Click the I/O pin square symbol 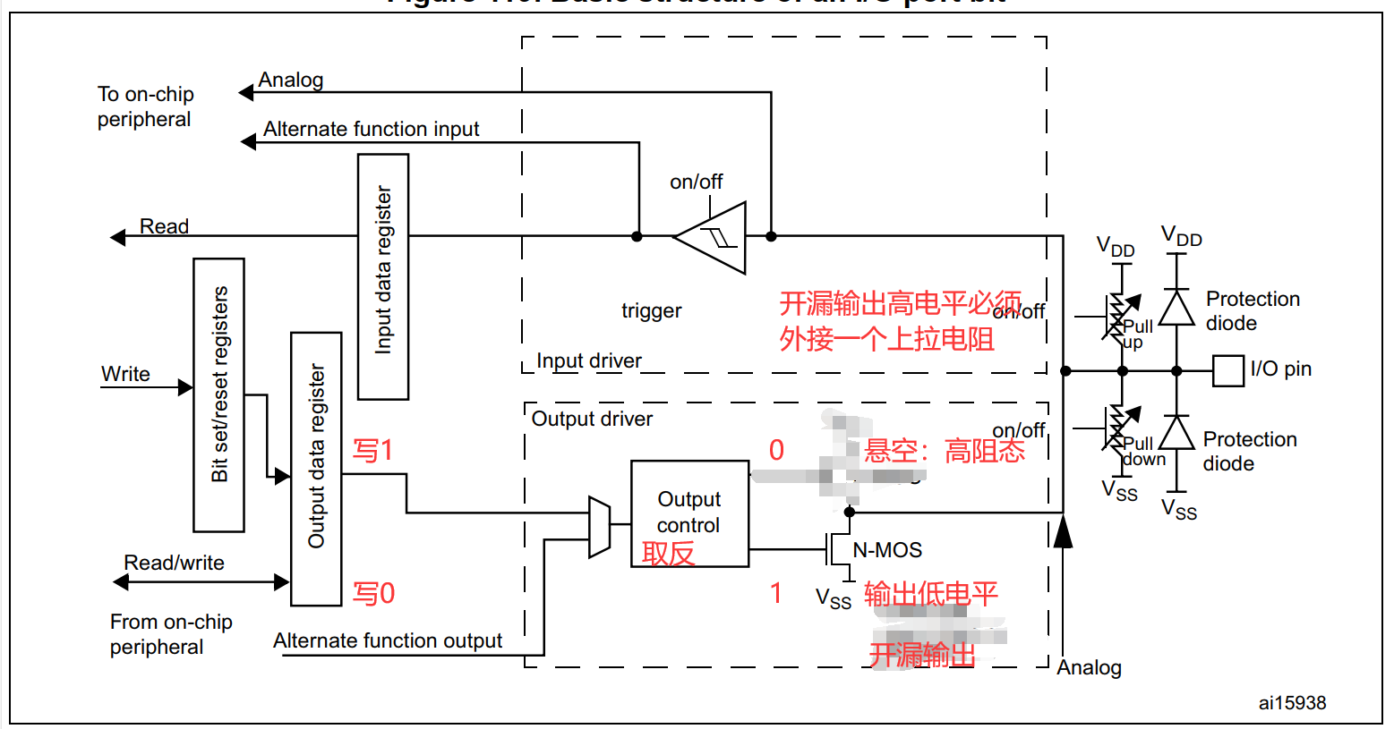1228,370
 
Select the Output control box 689,513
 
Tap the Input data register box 383,276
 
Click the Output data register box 316,469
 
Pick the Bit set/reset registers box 219,394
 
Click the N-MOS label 887,550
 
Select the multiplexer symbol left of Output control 599,528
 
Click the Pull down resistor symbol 1116,428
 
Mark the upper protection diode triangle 1176,308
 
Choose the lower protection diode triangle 1176,433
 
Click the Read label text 164,226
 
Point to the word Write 125,374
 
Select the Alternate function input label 371,129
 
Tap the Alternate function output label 387,640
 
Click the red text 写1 372,450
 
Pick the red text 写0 373,593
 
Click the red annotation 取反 668,554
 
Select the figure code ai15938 1292,703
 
